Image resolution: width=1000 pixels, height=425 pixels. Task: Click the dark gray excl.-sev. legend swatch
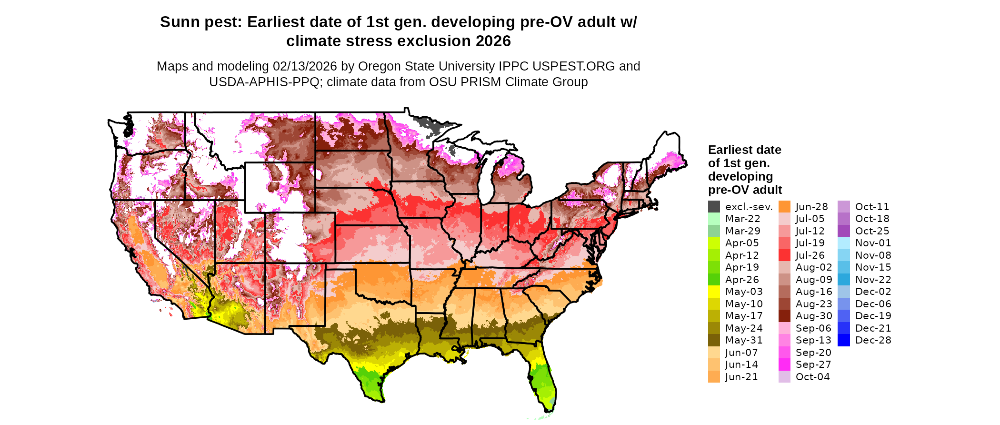[714, 207]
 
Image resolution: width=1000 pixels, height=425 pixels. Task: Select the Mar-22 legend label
[742, 219]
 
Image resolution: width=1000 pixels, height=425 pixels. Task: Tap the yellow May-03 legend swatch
[714, 292]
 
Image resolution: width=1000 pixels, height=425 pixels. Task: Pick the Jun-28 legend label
[811, 207]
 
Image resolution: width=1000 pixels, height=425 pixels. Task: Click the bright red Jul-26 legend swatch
[784, 255]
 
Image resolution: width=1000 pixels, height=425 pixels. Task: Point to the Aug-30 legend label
[814, 316]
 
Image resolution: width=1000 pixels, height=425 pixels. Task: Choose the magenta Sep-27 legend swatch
[784, 364]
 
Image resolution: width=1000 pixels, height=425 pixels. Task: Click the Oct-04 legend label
[812, 377]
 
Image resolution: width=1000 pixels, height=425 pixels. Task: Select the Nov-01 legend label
[873, 243]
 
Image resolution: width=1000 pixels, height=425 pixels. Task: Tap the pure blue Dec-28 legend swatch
[843, 340]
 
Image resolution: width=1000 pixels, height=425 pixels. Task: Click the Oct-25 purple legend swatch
[843, 231]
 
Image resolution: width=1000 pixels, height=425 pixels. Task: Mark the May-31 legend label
[744, 340]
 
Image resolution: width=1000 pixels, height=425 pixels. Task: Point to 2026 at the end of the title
[493, 41]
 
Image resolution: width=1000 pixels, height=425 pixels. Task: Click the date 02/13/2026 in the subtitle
[305, 66]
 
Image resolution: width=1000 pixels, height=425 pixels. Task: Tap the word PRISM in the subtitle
[480, 82]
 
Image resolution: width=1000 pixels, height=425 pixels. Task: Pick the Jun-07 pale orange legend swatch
[714, 353]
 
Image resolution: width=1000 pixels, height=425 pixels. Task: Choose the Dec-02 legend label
[873, 292]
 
